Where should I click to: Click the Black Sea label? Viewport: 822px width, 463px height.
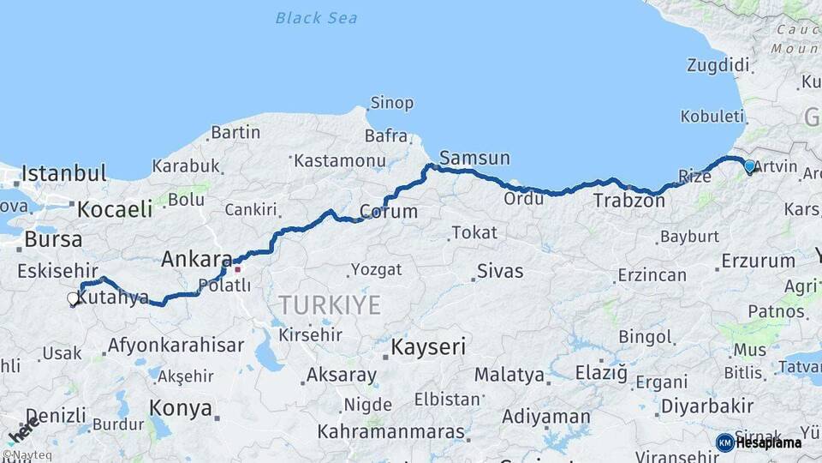317,17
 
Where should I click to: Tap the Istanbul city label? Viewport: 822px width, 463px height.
64,173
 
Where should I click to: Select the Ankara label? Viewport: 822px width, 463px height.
197,259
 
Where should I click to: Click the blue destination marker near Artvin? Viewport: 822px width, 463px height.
750,167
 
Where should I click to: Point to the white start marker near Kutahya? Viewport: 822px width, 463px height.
73,299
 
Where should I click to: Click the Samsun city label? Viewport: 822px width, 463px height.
474,158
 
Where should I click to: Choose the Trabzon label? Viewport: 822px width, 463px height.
628,201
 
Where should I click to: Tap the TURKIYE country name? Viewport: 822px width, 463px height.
330,304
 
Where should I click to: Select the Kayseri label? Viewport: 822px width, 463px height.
428,347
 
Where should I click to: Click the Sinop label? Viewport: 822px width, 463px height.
391,103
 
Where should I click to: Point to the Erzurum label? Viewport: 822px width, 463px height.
758,261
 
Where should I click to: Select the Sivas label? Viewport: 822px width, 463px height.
500,271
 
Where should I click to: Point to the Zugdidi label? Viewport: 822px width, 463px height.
718,65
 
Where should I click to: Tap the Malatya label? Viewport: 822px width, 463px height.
509,375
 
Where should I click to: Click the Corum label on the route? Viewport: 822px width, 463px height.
388,211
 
